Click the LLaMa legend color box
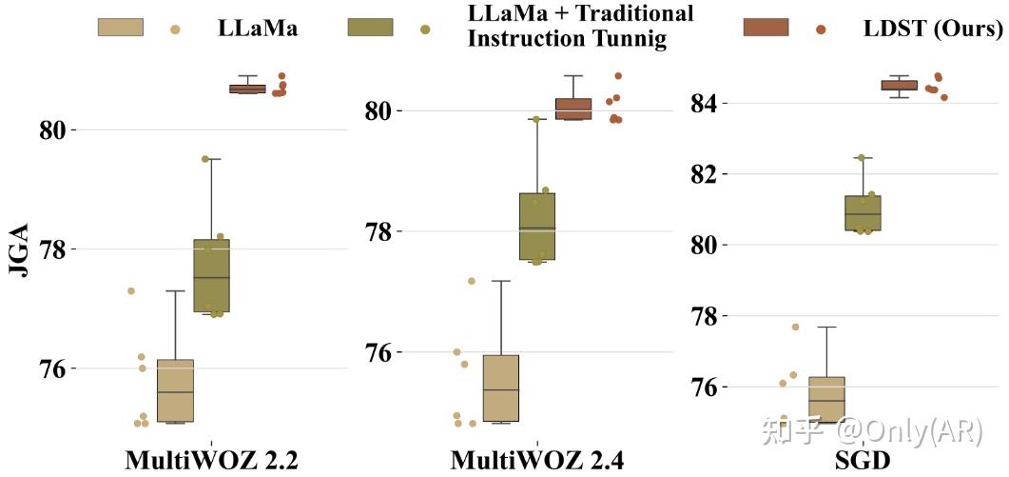pyautogui.click(x=120, y=28)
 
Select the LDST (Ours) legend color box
pyautogui.click(x=766, y=28)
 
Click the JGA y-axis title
pyautogui.click(x=20, y=249)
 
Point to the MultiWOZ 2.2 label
pyautogui.click(x=212, y=461)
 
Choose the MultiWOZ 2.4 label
pyautogui.click(x=537, y=461)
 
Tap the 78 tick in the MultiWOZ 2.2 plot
pyautogui.click(x=58, y=249)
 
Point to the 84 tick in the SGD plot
pyautogui.click(x=705, y=103)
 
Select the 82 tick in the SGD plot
pyautogui.click(x=705, y=174)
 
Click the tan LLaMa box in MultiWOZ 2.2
pyautogui.click(x=175, y=390)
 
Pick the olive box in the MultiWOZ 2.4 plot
pyautogui.click(x=537, y=227)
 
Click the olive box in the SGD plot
pyautogui.click(x=863, y=213)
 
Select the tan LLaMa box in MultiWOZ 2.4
pyautogui.click(x=501, y=388)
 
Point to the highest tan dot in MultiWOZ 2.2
pyautogui.click(x=131, y=290)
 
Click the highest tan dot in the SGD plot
pyautogui.click(x=795, y=327)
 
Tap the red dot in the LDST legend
pyautogui.click(x=821, y=30)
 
